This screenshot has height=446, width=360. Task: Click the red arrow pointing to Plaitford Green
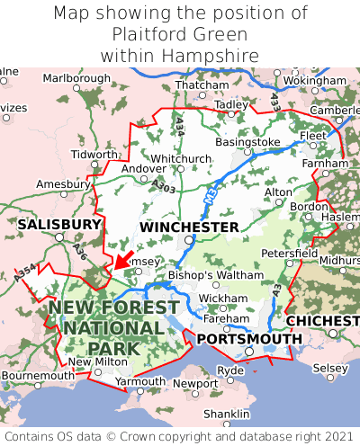point(122,261)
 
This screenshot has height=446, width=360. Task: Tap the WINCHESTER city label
point(189,227)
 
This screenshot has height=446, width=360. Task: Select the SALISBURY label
point(59,224)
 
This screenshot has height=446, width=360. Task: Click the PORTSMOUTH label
point(249,338)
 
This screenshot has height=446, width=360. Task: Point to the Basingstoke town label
point(247,142)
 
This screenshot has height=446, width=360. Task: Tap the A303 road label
point(164,185)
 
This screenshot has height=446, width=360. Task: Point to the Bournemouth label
point(38,375)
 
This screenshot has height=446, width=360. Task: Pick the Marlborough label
point(76,78)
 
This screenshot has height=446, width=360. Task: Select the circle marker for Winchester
point(188,241)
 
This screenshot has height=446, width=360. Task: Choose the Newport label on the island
point(195,383)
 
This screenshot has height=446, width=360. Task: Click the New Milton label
point(93,361)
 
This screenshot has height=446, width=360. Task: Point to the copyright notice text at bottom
point(180,436)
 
